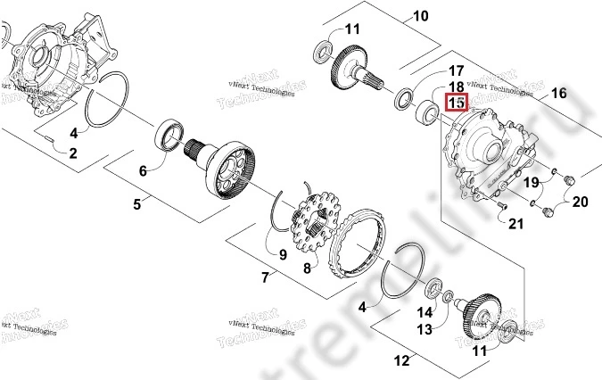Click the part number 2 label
[72, 153]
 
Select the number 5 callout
[137, 204]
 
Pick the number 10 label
[420, 15]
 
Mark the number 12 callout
[401, 361]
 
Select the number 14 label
[425, 312]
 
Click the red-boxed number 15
[457, 103]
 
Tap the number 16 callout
[559, 92]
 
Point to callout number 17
[456, 70]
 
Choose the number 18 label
[456, 87]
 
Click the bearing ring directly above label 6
[169, 136]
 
